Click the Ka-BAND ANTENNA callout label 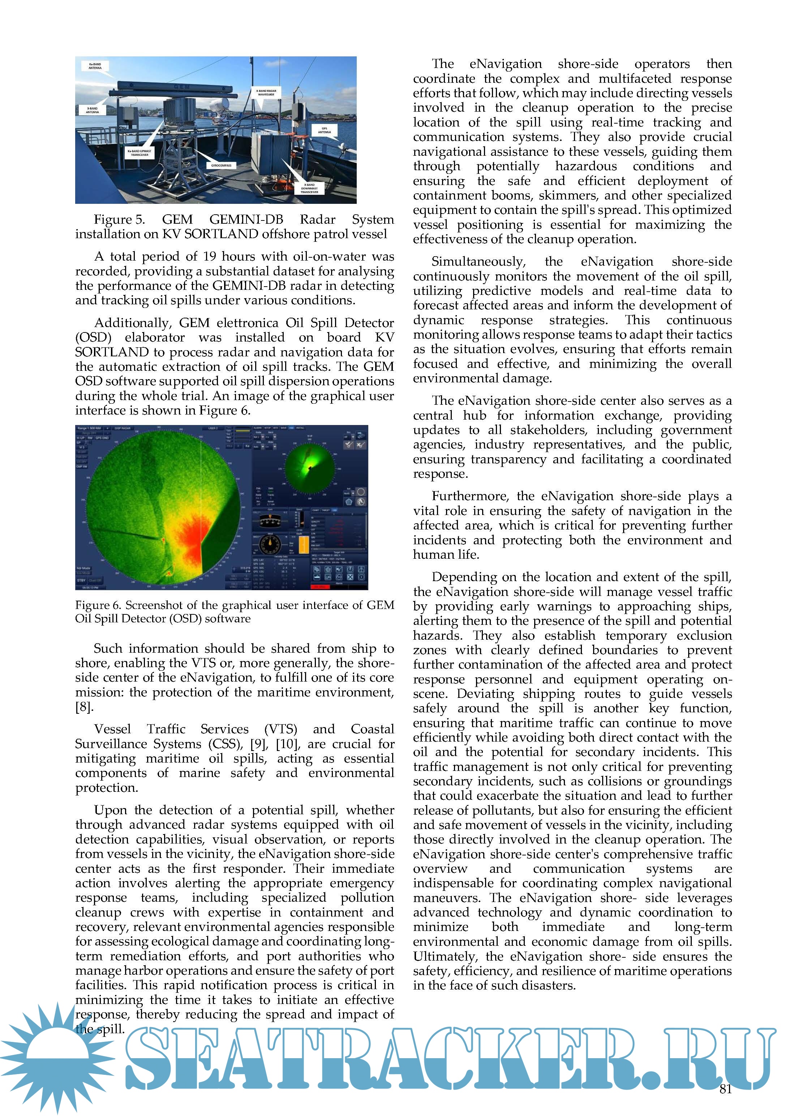point(95,66)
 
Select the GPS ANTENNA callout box point(324,130)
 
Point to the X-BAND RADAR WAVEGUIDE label point(266,93)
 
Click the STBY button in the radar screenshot point(81,580)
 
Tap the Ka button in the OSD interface point(247,446)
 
